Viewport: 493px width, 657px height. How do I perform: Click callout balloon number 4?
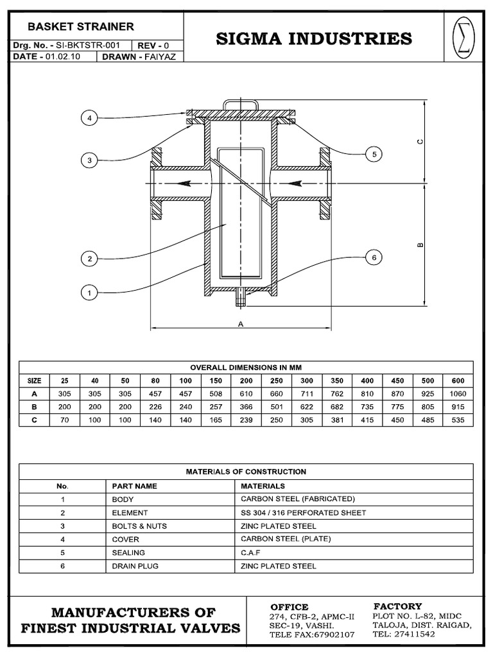89,118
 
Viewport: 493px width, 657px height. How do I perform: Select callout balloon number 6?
373,257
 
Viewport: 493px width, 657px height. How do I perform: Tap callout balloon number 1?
89,293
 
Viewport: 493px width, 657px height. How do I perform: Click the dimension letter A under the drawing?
241,324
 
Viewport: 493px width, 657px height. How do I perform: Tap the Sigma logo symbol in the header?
462,39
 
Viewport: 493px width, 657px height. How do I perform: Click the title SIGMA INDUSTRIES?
314,39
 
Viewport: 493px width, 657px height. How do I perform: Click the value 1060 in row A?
458,393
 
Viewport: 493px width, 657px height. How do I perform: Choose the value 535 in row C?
458,420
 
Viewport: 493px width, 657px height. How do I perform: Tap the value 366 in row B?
246,407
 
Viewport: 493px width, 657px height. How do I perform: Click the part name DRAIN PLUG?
135,566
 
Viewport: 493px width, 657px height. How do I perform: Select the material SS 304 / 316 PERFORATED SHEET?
303,513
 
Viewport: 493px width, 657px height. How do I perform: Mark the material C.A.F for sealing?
250,552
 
